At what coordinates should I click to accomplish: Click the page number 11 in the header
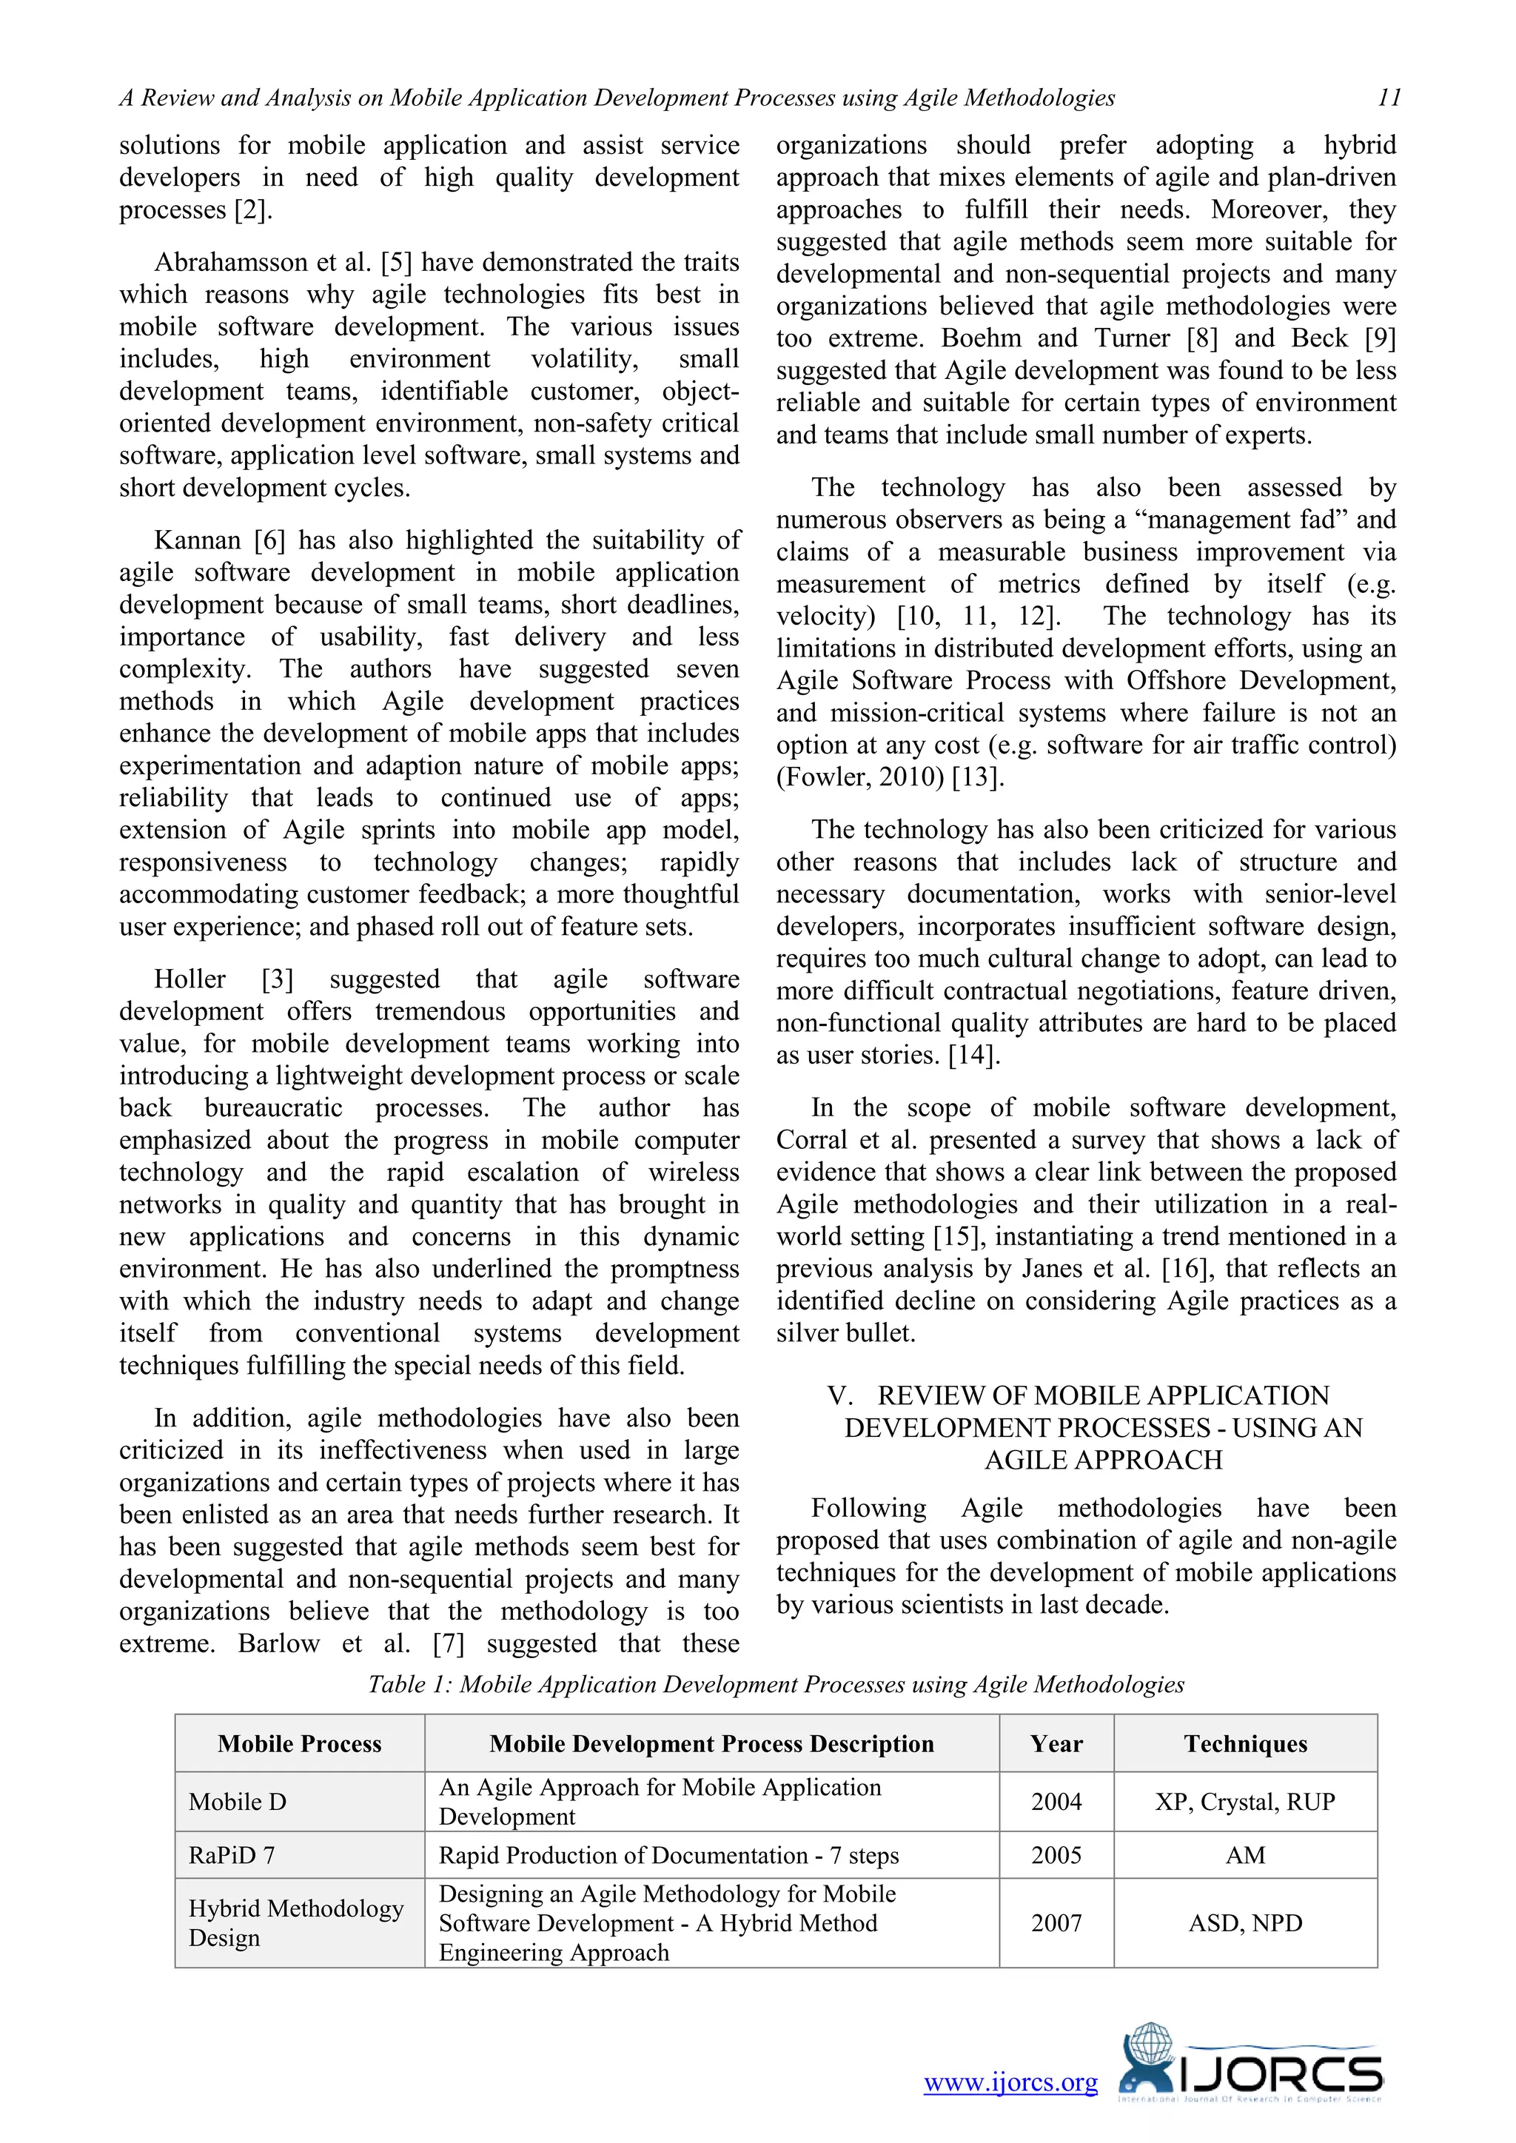[1388, 98]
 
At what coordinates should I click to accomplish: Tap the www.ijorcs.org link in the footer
[1010, 2082]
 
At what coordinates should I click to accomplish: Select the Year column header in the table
[1056, 1743]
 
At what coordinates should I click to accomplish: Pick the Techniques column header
[1244, 1743]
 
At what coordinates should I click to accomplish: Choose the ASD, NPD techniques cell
[1244, 1922]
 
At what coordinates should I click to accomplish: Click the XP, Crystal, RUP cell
[1244, 1802]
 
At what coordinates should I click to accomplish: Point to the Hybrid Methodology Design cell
[295, 1922]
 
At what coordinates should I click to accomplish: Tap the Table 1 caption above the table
[775, 1685]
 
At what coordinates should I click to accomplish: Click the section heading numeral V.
[839, 1395]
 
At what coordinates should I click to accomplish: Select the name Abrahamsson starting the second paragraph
[232, 262]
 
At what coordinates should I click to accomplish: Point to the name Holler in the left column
[189, 979]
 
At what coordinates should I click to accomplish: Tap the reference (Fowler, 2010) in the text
[859, 777]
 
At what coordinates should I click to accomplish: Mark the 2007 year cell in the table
[1056, 1922]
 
